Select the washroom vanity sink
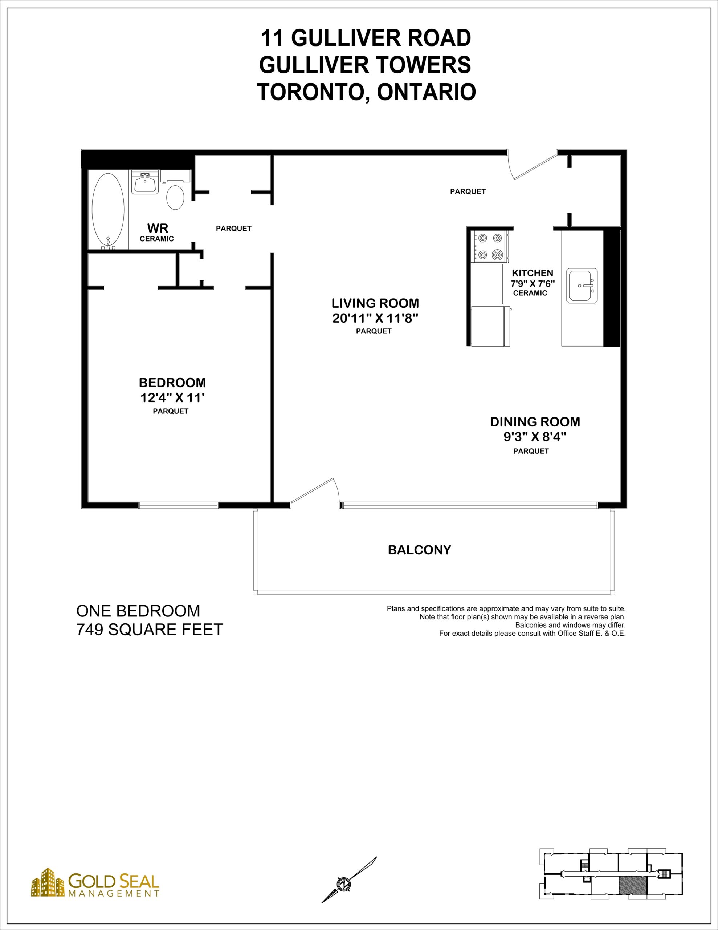click(145, 182)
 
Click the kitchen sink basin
click(582, 286)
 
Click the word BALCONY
click(419, 550)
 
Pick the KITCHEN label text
click(533, 273)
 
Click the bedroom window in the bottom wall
click(178, 505)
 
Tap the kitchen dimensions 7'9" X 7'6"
click(533, 283)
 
